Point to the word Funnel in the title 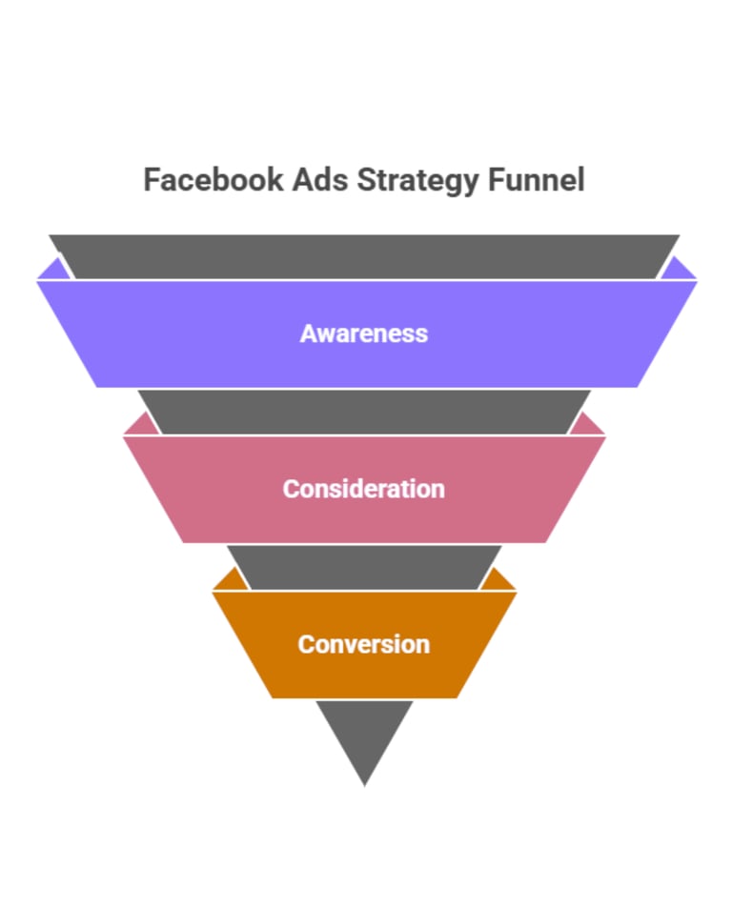point(537,180)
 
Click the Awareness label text point(364,333)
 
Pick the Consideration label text point(364,489)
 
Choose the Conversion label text point(364,644)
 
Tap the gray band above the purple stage point(364,256)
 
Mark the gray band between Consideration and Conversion point(364,567)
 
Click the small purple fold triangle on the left point(55,271)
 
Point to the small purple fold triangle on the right point(678,271)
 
